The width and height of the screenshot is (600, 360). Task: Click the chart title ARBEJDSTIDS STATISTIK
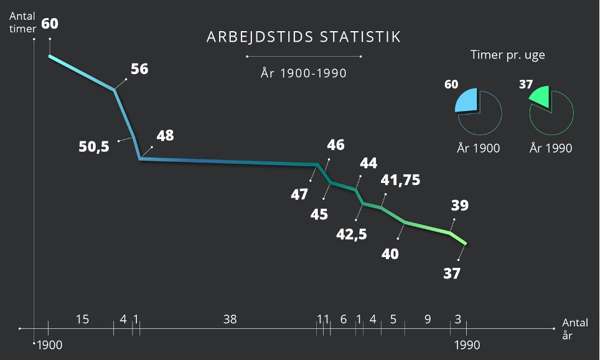point(304,37)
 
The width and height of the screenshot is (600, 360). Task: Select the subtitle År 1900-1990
point(304,73)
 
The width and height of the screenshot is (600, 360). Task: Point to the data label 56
point(139,69)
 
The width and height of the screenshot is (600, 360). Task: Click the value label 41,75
point(400,181)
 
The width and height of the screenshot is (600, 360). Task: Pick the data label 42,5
point(352,235)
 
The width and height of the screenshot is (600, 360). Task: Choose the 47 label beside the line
point(299,195)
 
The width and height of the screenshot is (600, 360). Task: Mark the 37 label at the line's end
point(452,273)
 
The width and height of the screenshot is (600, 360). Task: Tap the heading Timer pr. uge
point(507,55)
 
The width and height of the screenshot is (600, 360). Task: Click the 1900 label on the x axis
point(50,345)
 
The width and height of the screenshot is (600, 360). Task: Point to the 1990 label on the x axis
point(467,345)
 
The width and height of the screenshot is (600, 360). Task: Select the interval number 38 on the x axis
point(230,320)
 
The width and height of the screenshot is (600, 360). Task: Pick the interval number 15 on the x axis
point(82,320)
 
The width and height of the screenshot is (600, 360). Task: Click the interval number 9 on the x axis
point(428,320)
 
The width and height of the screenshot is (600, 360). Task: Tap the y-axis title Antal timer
point(22,22)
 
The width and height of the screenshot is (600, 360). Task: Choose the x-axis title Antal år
point(575,329)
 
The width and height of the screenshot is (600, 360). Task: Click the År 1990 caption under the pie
point(551,148)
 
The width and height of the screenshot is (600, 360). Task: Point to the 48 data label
point(165,135)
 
